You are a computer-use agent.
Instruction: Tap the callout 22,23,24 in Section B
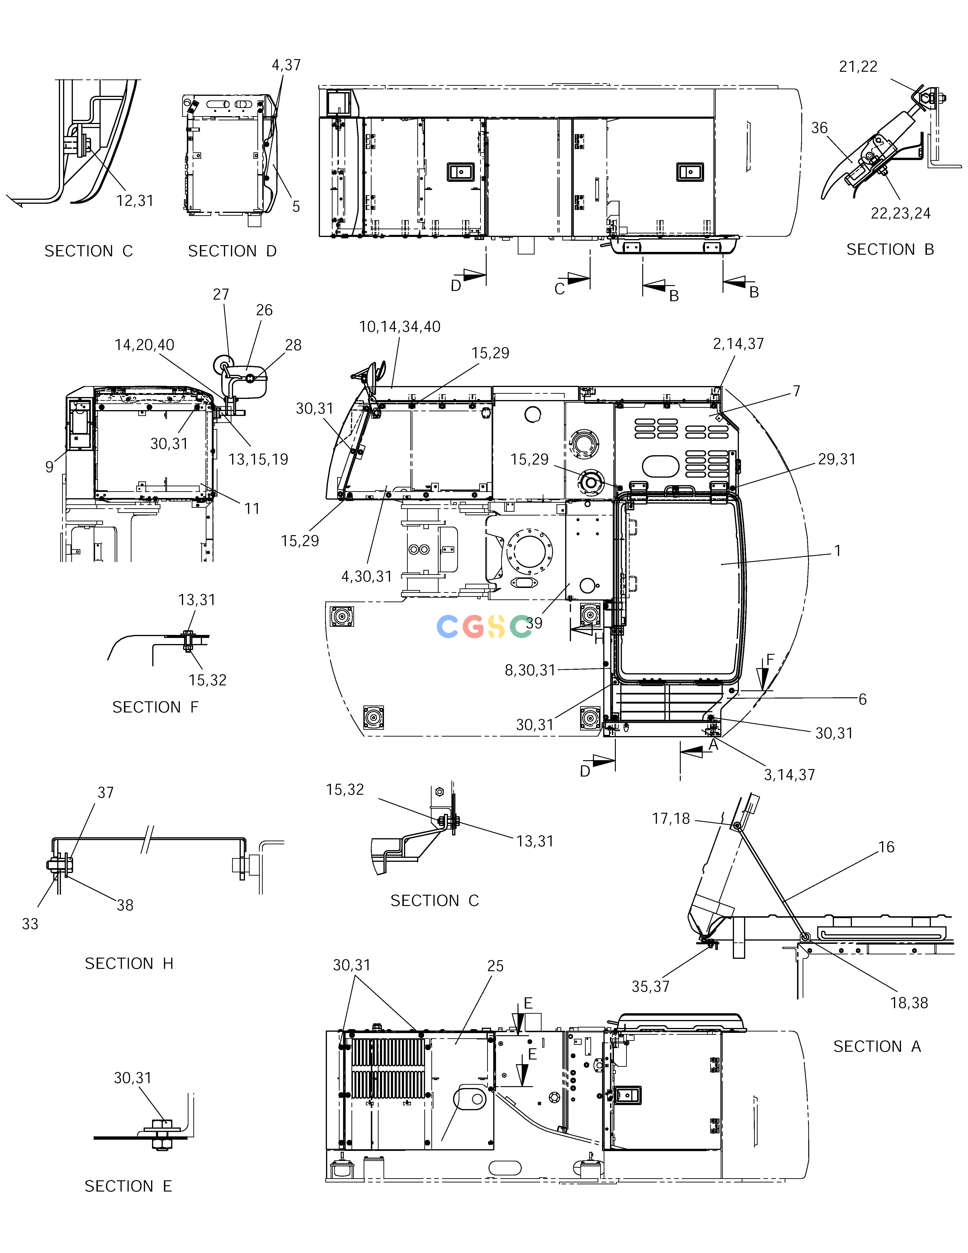point(900,213)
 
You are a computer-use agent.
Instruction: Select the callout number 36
point(819,128)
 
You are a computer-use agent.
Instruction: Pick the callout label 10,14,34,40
point(400,327)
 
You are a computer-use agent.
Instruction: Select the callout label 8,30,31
point(530,670)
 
